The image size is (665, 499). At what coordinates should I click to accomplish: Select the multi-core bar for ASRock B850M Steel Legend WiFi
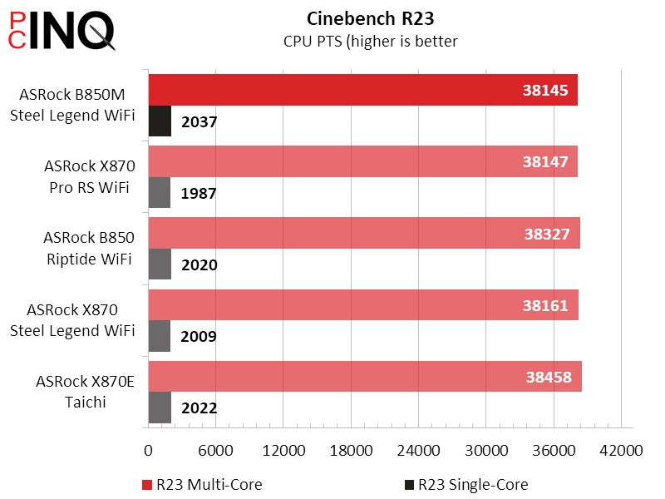pyautogui.click(x=332, y=90)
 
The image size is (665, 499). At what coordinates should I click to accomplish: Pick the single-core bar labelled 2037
pyautogui.click(x=160, y=121)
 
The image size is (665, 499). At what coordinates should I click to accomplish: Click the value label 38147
pyautogui.click(x=545, y=162)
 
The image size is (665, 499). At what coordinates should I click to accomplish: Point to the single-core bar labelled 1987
pyautogui.click(x=159, y=193)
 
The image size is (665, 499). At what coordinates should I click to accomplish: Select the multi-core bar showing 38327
pyautogui.click(x=332, y=234)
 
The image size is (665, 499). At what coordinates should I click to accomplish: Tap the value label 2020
pyautogui.click(x=199, y=265)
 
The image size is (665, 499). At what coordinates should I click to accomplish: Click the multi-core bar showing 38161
pyautogui.click(x=332, y=305)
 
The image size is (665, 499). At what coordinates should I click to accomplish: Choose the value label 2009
pyautogui.click(x=199, y=337)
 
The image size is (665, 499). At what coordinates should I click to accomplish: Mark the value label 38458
pyautogui.click(x=548, y=377)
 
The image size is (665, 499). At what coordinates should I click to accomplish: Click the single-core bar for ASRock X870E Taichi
pyautogui.click(x=160, y=408)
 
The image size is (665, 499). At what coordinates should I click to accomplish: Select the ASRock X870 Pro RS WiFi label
pyautogui.click(x=90, y=177)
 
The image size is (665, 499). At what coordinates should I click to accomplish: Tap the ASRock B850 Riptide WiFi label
pyautogui.click(x=89, y=249)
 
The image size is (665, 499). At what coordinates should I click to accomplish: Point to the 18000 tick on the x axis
pyautogui.click(x=351, y=451)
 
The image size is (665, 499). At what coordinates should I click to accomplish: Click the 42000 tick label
pyautogui.click(x=622, y=451)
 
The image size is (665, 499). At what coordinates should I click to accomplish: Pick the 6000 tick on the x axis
pyautogui.click(x=215, y=451)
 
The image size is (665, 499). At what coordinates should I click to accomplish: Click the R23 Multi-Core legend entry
pyautogui.click(x=203, y=484)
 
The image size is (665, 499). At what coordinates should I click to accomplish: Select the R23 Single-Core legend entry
pyautogui.click(x=465, y=484)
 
